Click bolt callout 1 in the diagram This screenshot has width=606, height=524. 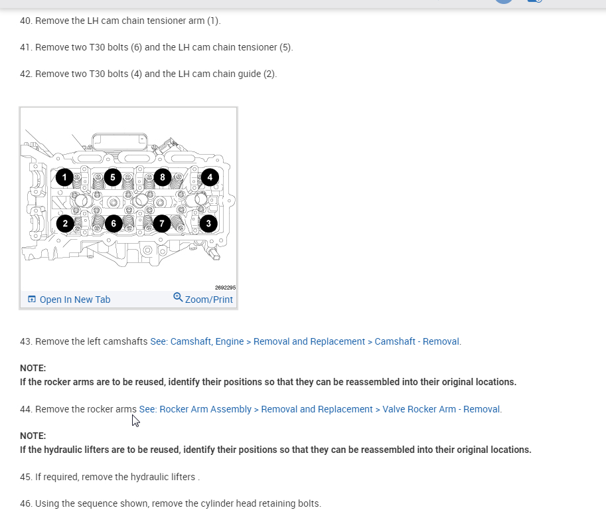pyautogui.click(x=64, y=177)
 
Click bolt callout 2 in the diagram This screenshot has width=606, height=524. pyautogui.click(x=65, y=223)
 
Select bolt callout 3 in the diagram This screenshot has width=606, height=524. pyautogui.click(x=208, y=223)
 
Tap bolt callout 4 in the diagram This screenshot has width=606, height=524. pyautogui.click(x=210, y=177)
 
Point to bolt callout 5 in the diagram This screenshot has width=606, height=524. pyautogui.click(x=113, y=177)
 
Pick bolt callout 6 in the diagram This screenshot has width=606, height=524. pyautogui.click(x=114, y=223)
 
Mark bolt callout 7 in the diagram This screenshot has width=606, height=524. pyautogui.click(x=161, y=223)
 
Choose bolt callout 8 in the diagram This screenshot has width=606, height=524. pyautogui.click(x=162, y=177)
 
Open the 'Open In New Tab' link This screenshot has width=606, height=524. pyautogui.click(x=74, y=300)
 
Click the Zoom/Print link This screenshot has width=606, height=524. pyautogui.click(x=208, y=300)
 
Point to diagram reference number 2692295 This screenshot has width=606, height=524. pyautogui.click(x=225, y=288)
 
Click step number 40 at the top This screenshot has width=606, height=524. pyautogui.click(x=26, y=21)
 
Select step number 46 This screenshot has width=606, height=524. pyautogui.click(x=26, y=503)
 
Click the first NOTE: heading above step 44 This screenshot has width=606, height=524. pyautogui.click(x=33, y=368)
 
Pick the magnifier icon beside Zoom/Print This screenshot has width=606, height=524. pyautogui.click(x=178, y=298)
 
